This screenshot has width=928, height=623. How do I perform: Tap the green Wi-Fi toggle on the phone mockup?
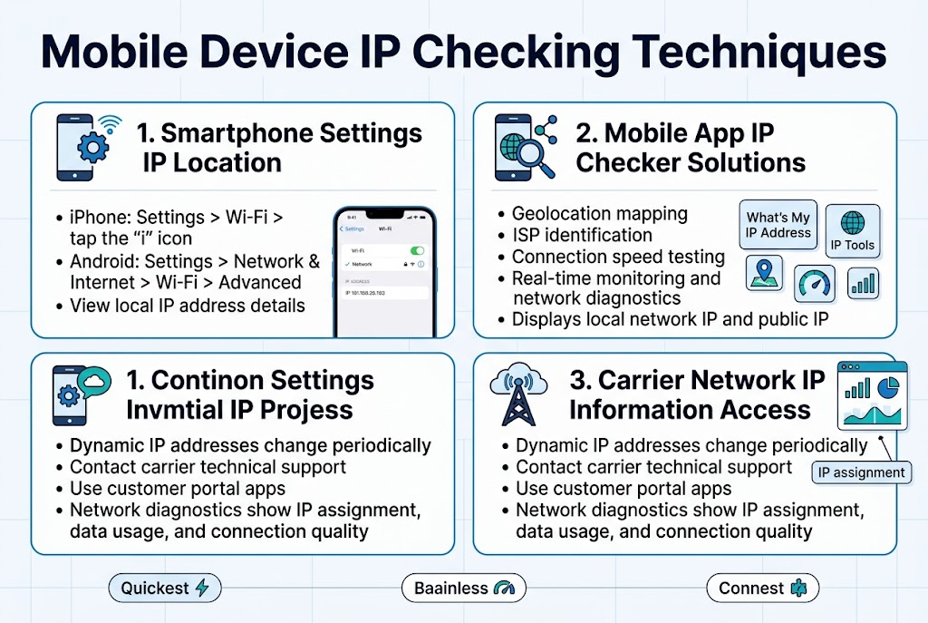(417, 249)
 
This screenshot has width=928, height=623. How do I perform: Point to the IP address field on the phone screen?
(383, 294)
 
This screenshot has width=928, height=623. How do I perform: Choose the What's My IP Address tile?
(778, 225)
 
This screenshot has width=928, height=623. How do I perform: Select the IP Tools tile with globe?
(852, 230)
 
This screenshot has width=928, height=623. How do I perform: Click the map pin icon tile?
(764, 273)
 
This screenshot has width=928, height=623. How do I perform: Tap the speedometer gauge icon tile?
(815, 283)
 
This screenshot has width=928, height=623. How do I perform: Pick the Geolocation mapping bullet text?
(599, 214)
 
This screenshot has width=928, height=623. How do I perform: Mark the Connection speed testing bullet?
(618, 257)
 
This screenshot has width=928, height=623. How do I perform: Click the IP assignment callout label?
(861, 472)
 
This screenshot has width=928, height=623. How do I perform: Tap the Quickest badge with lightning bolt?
(164, 588)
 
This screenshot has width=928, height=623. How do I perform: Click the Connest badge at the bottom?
(761, 588)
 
